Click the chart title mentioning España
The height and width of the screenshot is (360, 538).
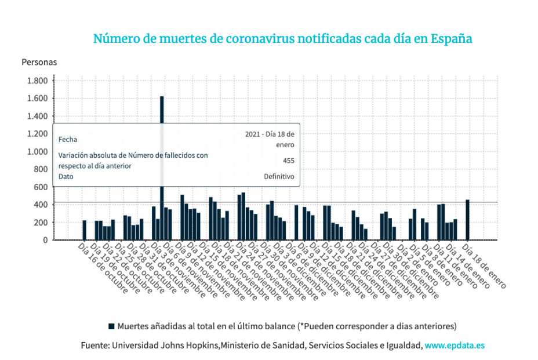pyautogui.click(x=282, y=39)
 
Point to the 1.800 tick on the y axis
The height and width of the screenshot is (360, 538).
pyautogui.click(x=37, y=81)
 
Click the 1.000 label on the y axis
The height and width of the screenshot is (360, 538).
pyautogui.click(x=37, y=152)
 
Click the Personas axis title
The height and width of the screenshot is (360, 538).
pyautogui.click(x=39, y=61)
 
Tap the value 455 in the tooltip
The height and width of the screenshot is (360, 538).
pyautogui.click(x=288, y=161)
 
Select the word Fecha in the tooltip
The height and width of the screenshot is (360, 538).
pyautogui.click(x=67, y=139)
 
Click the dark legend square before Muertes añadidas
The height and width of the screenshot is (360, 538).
pyautogui.click(x=111, y=325)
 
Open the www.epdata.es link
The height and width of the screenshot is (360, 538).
pyautogui.click(x=455, y=346)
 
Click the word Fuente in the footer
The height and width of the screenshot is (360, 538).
pyautogui.click(x=94, y=346)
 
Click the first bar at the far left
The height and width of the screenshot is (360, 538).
pyautogui.click(x=84, y=230)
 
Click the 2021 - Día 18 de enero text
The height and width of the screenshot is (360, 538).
pyautogui.click(x=270, y=139)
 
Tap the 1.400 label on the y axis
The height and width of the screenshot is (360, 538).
pyautogui.click(x=37, y=116)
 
